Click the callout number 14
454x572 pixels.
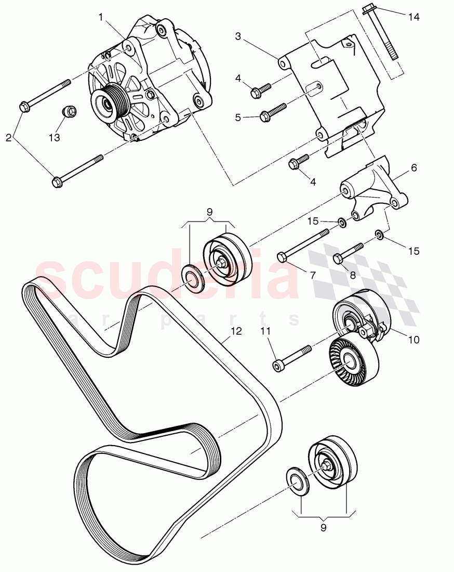(413, 17)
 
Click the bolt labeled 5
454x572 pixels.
(273, 110)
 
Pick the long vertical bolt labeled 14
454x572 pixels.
(383, 36)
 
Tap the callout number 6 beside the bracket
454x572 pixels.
(414, 167)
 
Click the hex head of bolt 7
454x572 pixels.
(282, 256)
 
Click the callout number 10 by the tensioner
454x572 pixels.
(413, 340)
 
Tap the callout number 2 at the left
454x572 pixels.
(8, 138)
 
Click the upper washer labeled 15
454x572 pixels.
(342, 223)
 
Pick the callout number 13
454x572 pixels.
(55, 138)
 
